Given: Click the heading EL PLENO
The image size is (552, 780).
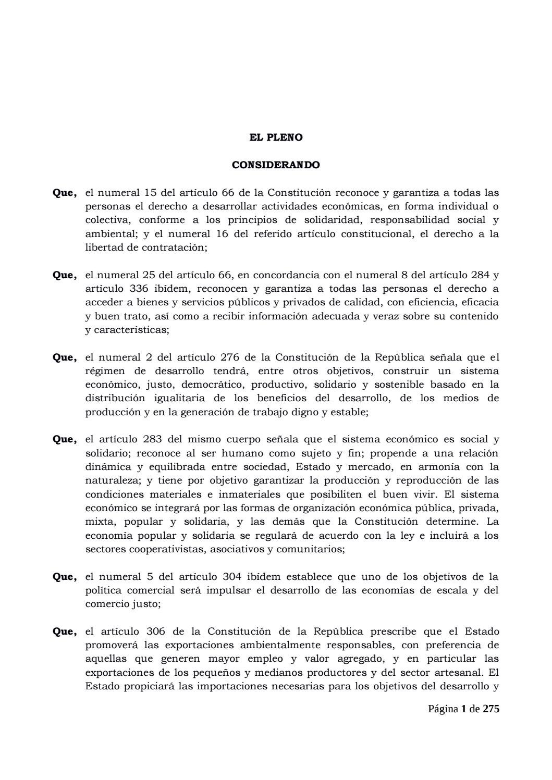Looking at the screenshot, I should coord(276,138).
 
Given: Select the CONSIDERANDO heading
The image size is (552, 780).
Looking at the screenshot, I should coord(276,165).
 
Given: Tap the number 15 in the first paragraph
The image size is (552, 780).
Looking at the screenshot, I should coord(150,193).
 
